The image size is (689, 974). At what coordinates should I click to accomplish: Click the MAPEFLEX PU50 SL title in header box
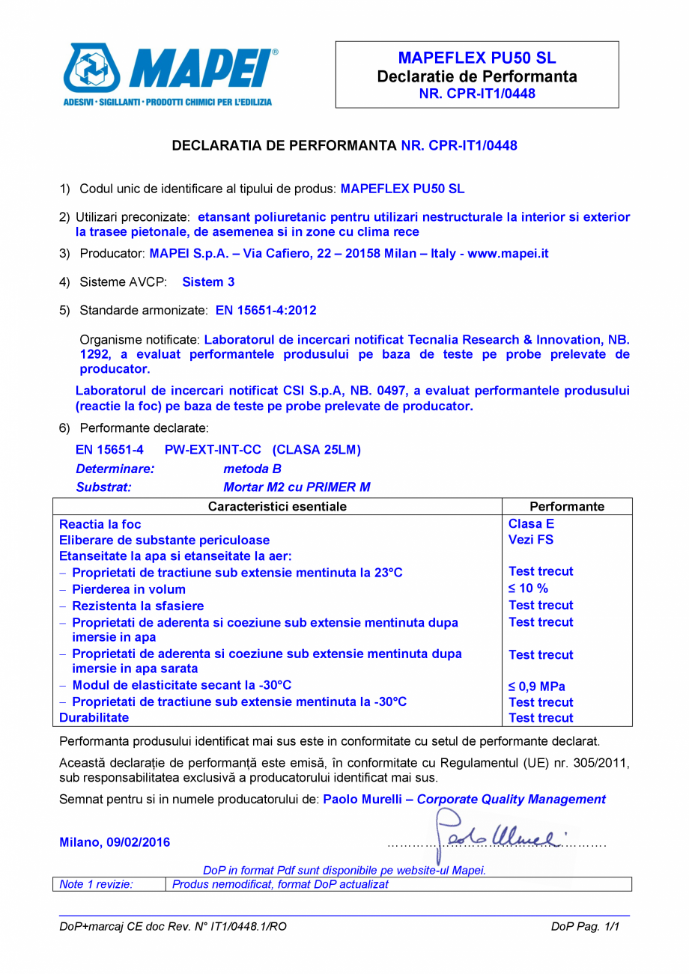click(x=477, y=58)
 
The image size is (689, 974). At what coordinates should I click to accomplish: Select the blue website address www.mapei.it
click(x=508, y=254)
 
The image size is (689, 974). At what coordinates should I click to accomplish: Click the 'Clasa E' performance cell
click(x=531, y=524)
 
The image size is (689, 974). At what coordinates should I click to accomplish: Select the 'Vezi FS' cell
click(x=531, y=540)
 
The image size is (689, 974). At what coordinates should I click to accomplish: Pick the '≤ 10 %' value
click(x=528, y=589)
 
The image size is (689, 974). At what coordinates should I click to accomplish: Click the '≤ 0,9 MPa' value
click(x=537, y=687)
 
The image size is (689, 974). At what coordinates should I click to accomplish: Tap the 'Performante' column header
click(x=567, y=507)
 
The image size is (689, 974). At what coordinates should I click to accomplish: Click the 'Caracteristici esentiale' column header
click(x=277, y=507)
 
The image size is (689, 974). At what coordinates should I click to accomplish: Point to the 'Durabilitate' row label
click(x=94, y=718)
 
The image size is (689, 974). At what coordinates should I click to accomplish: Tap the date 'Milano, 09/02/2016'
click(x=115, y=842)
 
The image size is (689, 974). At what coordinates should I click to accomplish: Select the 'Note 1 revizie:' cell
click(x=96, y=884)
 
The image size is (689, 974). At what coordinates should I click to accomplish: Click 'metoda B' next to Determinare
click(x=246, y=469)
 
